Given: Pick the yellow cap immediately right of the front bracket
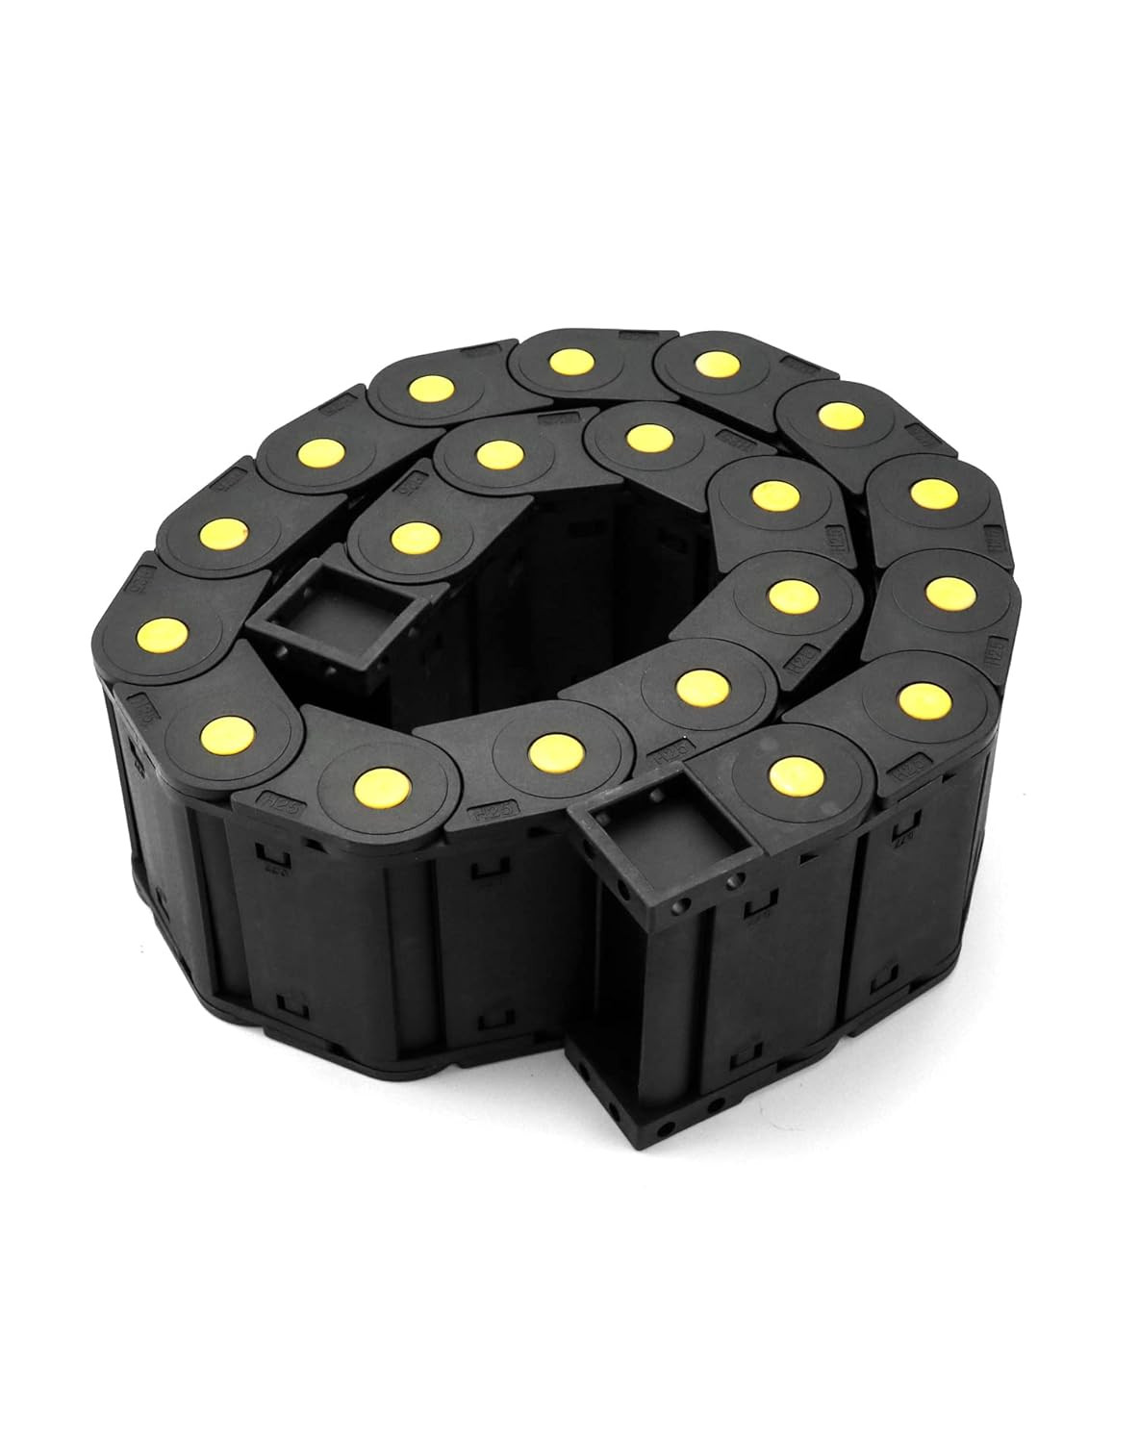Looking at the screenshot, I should coord(789,771).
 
